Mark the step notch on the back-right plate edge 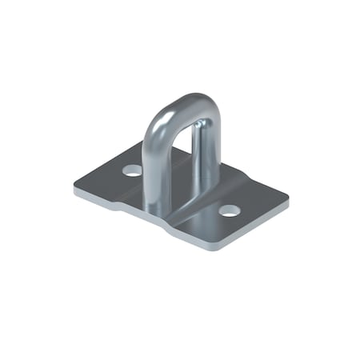coord(240,174)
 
